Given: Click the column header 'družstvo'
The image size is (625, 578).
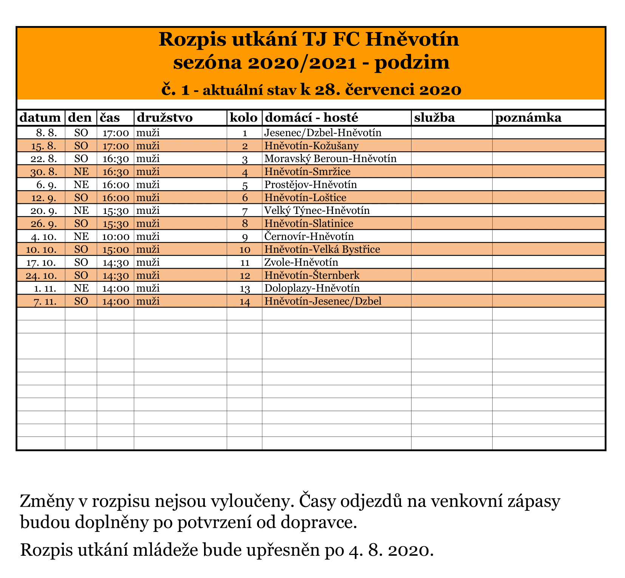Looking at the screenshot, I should point(164,118).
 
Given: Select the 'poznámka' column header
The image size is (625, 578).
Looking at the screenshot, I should point(528,118).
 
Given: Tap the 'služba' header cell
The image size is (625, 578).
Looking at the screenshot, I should point(435,118).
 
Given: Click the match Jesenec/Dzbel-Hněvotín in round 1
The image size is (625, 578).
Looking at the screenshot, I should point(323,133).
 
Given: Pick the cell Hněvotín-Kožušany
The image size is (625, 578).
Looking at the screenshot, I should point(311,146).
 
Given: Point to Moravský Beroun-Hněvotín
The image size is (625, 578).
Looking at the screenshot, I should point(330,158).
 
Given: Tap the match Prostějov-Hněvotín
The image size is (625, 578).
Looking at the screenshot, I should point(311,184).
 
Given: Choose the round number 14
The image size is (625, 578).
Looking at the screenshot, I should point(245,301).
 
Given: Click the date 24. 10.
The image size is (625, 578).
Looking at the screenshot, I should point(42,275).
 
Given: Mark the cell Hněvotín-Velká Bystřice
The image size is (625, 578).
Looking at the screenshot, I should point(322,249).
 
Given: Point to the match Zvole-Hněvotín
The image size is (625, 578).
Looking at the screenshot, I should point(301,262).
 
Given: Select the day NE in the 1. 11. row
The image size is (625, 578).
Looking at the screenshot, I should point(81,288).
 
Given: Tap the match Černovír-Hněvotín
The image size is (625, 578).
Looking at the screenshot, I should point(309,237).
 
